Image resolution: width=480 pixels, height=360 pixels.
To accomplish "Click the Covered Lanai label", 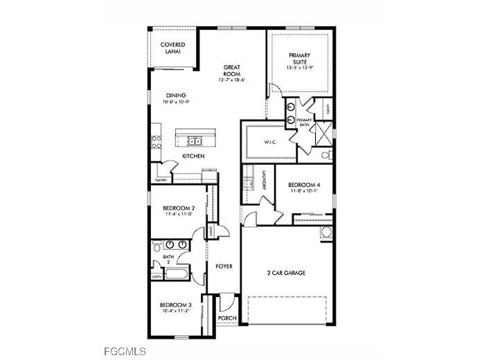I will tap(173, 48).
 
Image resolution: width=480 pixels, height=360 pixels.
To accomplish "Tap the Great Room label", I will tap(232, 70).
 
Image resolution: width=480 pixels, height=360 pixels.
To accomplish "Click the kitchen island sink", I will tap(195, 141).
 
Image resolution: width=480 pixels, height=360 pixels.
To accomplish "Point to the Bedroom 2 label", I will tap(178, 208).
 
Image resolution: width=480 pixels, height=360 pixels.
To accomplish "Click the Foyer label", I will tap(223, 267).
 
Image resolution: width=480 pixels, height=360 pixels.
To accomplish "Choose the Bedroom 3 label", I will tap(175, 305).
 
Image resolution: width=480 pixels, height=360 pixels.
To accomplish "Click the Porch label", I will tap(226, 318).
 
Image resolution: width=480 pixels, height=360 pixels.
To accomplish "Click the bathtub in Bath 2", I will tap(174, 275).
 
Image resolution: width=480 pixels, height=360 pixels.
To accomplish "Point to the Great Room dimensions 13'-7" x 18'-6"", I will tap(232, 80).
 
